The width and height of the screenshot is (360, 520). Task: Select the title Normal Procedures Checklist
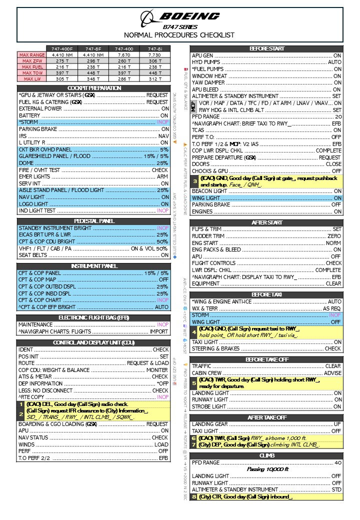180,35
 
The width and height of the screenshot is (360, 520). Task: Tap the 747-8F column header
93,48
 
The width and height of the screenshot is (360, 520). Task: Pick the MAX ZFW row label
31,60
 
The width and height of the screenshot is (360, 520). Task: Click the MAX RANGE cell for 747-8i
154,54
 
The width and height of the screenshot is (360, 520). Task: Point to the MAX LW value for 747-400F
62,78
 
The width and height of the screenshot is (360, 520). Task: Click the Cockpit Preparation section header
94,88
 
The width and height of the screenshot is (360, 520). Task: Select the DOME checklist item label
26,163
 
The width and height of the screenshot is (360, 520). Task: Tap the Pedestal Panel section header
94,221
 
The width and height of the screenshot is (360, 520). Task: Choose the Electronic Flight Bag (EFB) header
94,317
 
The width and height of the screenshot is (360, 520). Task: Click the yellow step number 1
21,404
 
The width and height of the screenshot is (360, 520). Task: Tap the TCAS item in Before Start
199,130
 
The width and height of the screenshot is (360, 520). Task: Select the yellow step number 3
195,181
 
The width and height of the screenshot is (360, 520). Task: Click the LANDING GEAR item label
209,424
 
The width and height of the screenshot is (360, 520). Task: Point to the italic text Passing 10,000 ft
267,469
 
